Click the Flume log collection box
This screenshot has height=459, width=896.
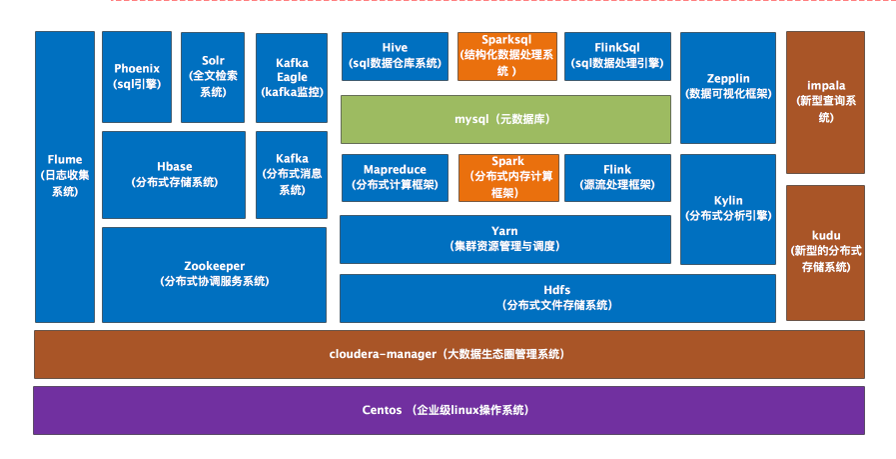[65, 176]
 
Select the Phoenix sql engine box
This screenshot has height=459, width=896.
[137, 77]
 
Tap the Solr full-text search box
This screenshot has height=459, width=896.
[213, 77]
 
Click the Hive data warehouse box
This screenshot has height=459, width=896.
[395, 56]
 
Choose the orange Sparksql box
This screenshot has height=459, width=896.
[507, 56]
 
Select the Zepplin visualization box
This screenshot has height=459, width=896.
[728, 87]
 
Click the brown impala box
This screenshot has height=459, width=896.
[824, 102]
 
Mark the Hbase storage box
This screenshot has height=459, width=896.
[174, 175]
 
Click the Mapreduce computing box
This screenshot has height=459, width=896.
[395, 177]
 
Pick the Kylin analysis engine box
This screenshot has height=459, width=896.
[728, 208]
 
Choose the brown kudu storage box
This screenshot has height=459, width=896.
[824, 252]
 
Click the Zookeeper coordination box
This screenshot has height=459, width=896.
[214, 274]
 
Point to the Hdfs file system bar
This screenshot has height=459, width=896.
[557, 298]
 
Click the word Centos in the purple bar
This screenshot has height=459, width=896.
[382, 410]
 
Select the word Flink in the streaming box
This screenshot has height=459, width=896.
[616, 170]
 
